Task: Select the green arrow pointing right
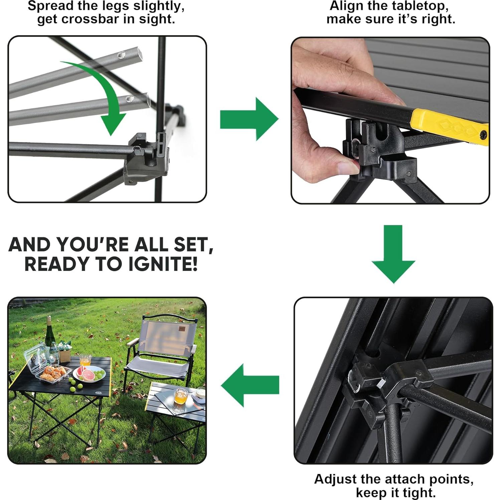pyautogui.click(x=249, y=119)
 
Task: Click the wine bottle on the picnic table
pyautogui.click(x=50, y=334)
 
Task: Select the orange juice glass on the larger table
pyautogui.click(x=85, y=361)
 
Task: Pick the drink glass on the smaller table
pyautogui.click(x=180, y=396)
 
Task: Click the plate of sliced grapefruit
pyautogui.click(x=89, y=374)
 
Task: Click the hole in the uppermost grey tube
pyautogui.click(x=123, y=54)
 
